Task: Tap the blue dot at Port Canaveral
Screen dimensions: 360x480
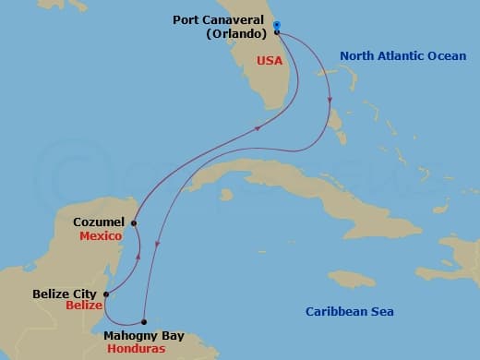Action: [x=277, y=25]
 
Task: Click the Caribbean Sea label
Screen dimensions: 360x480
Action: [x=350, y=311]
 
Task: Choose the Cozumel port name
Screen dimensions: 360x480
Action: [x=99, y=222]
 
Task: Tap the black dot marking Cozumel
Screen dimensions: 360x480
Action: [x=134, y=222]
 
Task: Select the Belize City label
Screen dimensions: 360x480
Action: [x=66, y=294]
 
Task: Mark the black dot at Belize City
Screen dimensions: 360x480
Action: [x=105, y=295]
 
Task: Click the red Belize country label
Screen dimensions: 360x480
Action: [x=81, y=306]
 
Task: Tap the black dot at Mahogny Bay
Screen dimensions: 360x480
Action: [x=143, y=321]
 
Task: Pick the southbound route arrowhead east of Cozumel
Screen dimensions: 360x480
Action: [x=158, y=244]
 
